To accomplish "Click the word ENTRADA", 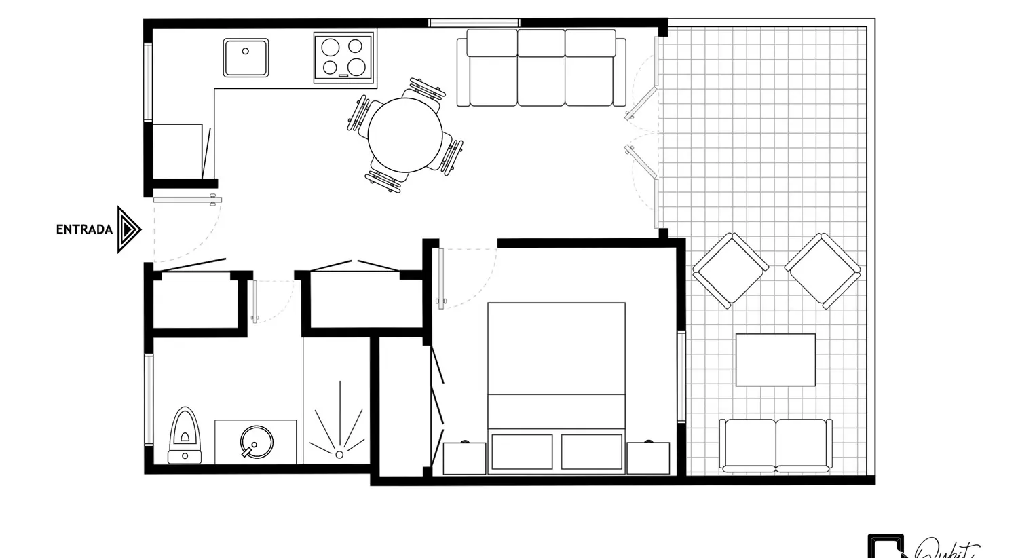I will click(84, 229).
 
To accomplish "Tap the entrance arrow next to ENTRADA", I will click(128, 229).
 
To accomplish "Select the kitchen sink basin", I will click(246, 58).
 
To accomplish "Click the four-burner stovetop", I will click(343, 57).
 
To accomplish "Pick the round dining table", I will click(404, 135).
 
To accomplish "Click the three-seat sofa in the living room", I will click(541, 68).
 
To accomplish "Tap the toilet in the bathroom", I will click(185, 434).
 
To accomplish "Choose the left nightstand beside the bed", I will click(464, 458).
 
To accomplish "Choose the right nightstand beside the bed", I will click(648, 458).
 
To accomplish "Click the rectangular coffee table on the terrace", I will click(776, 360).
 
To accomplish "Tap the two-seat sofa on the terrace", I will click(776, 445).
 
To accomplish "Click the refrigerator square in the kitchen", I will click(177, 151).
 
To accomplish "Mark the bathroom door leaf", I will click(255, 301).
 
